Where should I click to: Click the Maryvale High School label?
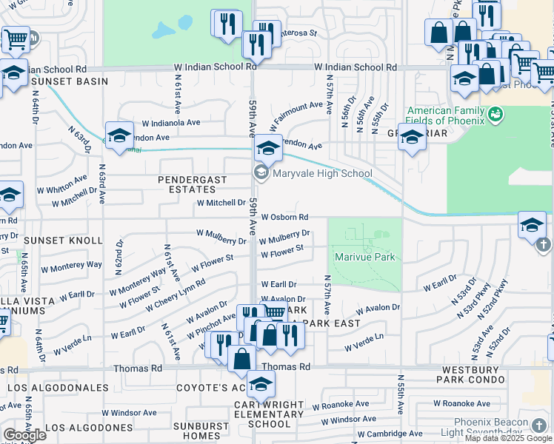pos(322,174)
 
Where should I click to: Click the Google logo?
pos(24,435)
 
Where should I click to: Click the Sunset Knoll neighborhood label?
pos(63,241)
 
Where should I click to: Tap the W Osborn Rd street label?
pos(284,218)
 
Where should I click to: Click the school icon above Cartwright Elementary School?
pos(261,384)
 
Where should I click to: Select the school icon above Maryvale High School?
pos(267,149)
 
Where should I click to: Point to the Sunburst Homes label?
pos(201,431)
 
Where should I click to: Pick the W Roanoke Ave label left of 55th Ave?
pos(341,405)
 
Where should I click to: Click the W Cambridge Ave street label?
pos(390,434)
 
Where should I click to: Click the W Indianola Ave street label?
pos(171,123)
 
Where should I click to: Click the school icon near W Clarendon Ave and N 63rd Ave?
pos(119,135)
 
